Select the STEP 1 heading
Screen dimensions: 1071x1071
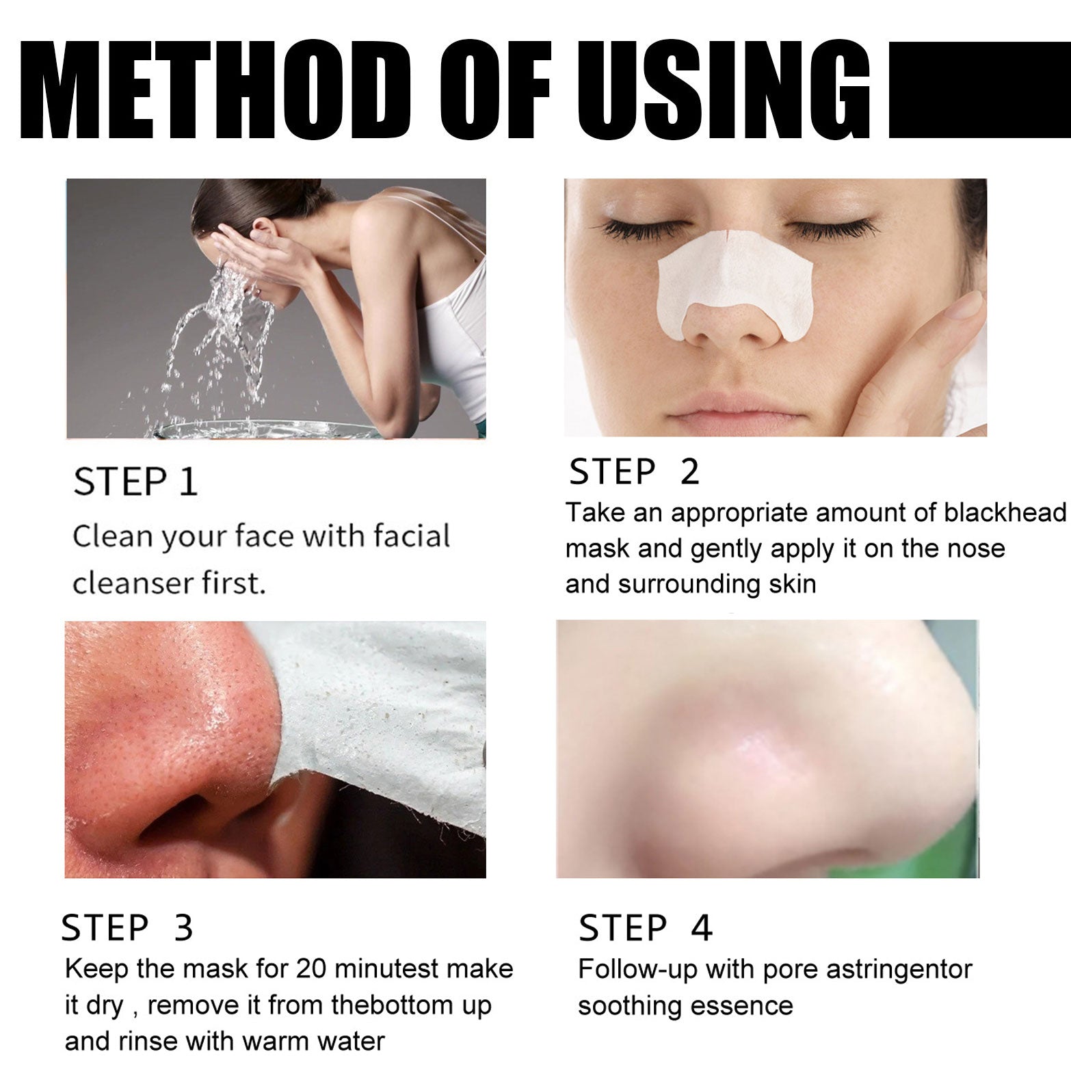tap(135, 481)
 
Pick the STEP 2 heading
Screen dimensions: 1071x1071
tap(635, 472)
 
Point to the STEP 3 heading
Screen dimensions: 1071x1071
tap(127, 928)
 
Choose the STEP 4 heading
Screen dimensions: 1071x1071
tap(646, 928)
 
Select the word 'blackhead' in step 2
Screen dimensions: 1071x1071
tap(1005, 512)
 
